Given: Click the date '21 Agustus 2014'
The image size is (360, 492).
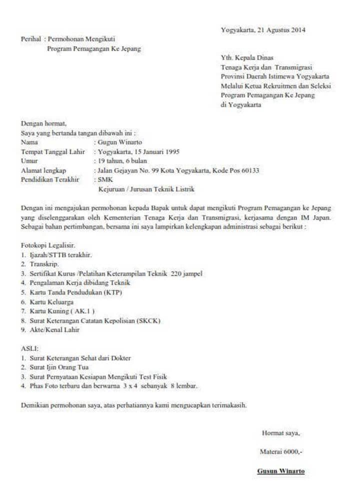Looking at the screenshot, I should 281,30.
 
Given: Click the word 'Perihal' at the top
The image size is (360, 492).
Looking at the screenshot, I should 30,39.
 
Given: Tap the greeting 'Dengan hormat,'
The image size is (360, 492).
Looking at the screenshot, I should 43,123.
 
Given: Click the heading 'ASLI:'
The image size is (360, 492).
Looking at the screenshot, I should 29,348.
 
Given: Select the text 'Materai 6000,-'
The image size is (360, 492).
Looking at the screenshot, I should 281,451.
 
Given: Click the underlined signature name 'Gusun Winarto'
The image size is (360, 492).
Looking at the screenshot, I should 280,471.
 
